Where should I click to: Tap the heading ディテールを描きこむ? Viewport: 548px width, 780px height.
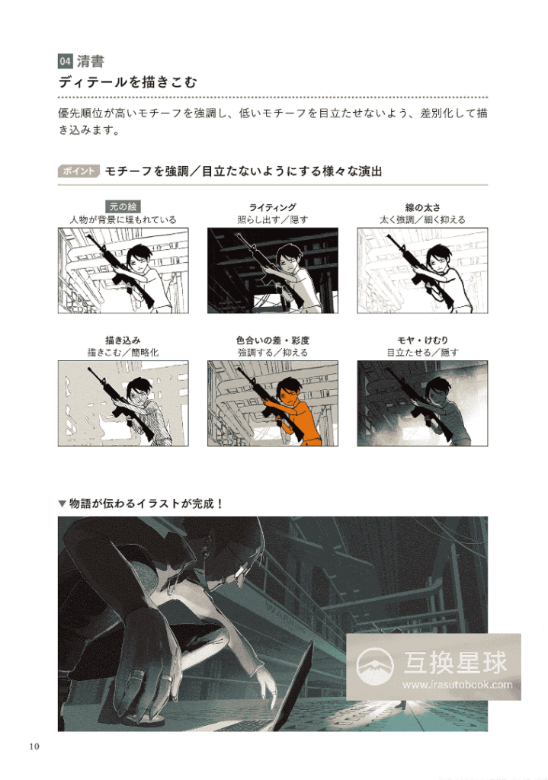(x=127, y=82)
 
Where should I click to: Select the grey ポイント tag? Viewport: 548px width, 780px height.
(x=79, y=171)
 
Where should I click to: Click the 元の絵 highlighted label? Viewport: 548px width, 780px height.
(x=122, y=206)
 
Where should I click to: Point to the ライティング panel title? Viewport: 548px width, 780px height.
(x=272, y=207)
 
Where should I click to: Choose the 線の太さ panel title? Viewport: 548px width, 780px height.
(x=421, y=207)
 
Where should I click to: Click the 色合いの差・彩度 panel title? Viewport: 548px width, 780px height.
(x=272, y=340)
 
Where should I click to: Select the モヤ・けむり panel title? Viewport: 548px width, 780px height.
(x=421, y=340)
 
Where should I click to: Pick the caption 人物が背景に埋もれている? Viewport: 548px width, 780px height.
(x=122, y=220)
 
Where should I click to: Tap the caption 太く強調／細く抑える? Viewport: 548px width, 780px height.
(x=421, y=220)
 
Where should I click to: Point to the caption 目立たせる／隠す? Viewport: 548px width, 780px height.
(x=421, y=353)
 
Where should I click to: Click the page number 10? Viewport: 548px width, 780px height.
(x=34, y=746)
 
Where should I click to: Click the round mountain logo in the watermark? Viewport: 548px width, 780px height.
(x=376, y=664)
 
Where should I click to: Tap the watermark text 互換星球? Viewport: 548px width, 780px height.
(x=455, y=662)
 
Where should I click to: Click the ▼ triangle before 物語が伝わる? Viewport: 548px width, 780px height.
(x=62, y=503)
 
